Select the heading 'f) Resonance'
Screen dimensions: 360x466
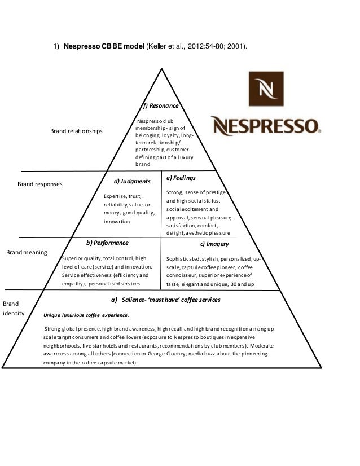161,106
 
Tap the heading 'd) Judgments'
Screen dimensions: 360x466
132,182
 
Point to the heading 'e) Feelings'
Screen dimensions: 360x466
181,178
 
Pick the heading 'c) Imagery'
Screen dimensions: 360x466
214,245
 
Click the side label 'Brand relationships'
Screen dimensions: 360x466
77,131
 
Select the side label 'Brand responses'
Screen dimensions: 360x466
40,184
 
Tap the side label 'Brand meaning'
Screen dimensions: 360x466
27,252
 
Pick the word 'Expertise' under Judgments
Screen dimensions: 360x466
115,195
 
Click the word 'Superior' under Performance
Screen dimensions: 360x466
73,258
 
